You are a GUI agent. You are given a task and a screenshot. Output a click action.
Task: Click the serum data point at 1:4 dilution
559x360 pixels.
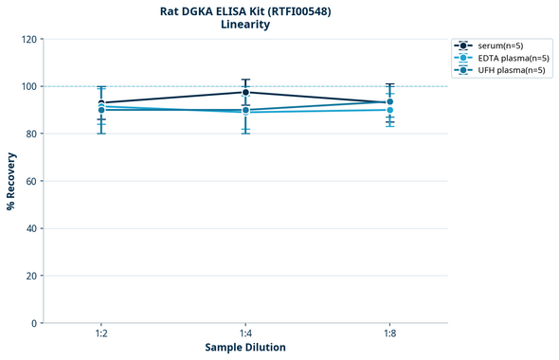point(245,92)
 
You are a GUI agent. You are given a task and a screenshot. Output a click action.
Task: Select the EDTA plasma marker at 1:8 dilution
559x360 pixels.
point(389,110)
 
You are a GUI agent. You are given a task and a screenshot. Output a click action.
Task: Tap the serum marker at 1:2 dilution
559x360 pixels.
point(101,103)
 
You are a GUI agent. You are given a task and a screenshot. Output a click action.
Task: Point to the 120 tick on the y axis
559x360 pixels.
point(27,40)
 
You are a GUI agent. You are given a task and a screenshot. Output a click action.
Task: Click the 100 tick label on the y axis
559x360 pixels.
point(27,87)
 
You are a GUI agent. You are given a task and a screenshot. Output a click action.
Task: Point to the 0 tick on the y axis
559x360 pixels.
point(33,324)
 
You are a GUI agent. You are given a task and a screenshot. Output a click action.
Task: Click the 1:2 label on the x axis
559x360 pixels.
point(101,334)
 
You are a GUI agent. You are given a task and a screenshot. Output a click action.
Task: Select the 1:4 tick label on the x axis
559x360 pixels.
point(245,334)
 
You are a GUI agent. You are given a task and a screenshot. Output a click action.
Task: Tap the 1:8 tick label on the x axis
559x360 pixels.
point(389,334)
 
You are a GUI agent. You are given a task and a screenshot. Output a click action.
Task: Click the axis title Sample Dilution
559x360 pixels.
point(245,348)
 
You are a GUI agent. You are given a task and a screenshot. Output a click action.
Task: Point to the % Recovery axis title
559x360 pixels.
point(11,181)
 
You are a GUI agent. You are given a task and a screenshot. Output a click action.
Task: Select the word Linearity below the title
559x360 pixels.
point(244,25)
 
